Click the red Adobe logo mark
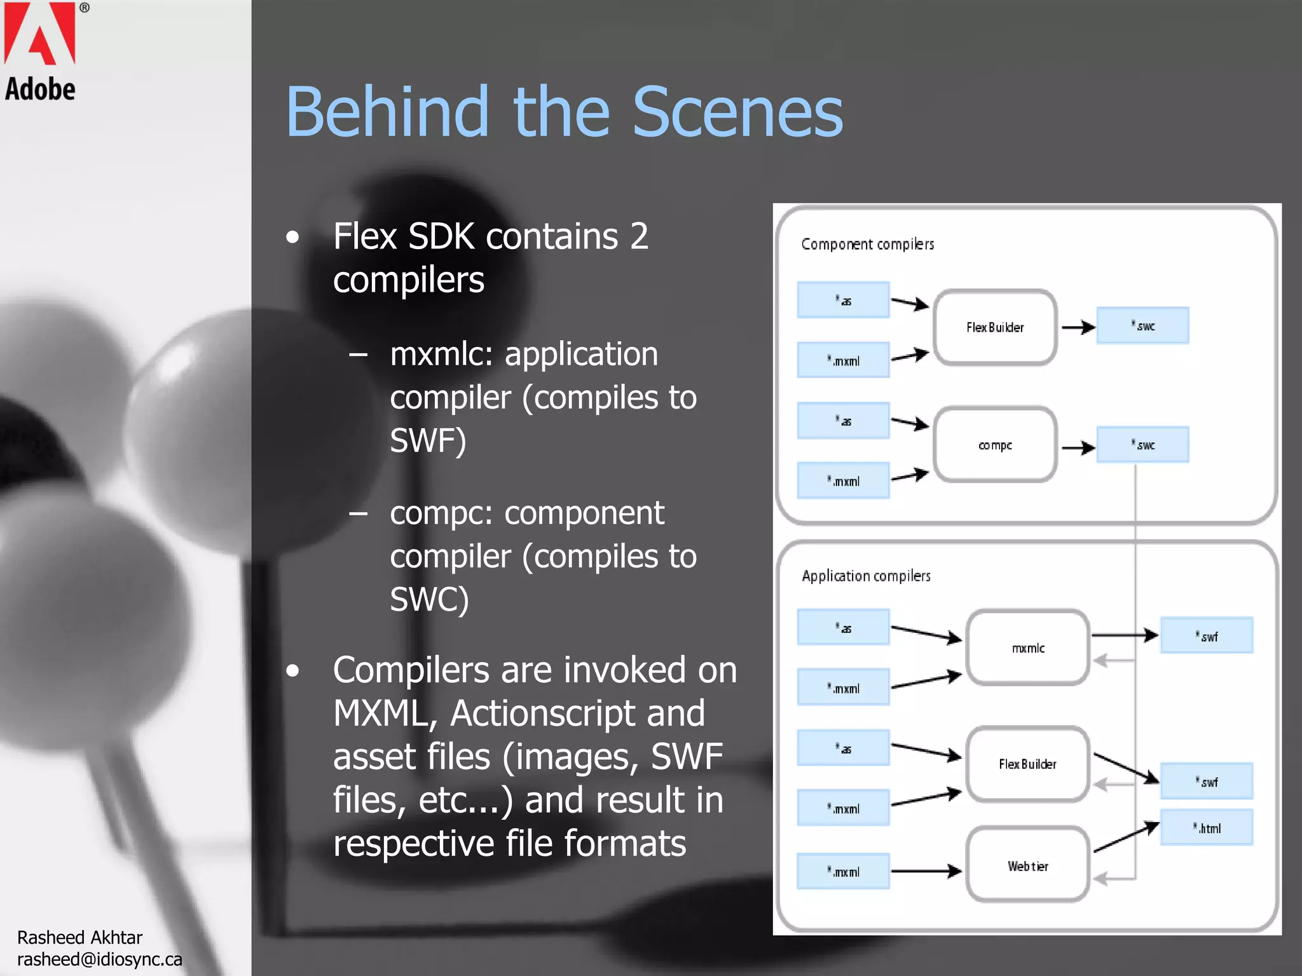[39, 33]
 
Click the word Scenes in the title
[737, 112]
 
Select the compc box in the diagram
[995, 445]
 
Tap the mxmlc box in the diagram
[1028, 647]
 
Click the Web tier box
[1028, 865]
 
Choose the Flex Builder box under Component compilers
[995, 327]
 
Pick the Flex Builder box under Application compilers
[1028, 764]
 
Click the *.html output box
[1206, 827]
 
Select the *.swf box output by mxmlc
[1206, 635]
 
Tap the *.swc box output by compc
[1142, 445]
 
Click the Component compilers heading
[867, 244]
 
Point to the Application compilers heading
[866, 576]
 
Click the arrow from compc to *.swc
[1078, 448]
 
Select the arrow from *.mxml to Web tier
[926, 871]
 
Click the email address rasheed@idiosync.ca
[99, 959]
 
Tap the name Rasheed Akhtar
[79, 937]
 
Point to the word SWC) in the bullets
[429, 599]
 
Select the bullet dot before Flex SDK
[292, 238]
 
